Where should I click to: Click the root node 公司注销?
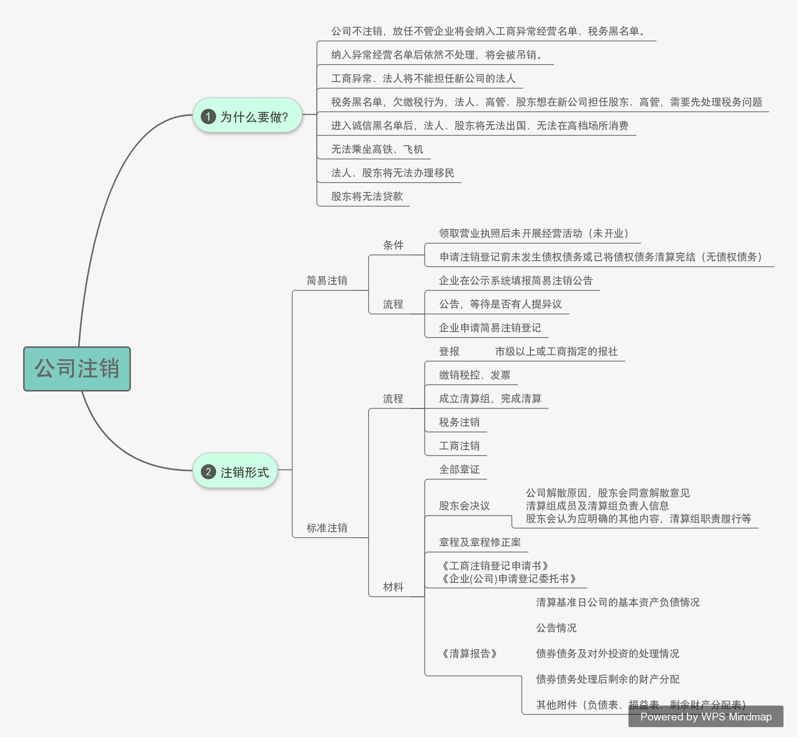pos(77,369)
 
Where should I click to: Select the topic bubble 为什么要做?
pos(247,116)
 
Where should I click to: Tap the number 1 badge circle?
pos(208,116)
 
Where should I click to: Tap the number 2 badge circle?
pos(208,472)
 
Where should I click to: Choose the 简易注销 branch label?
pos(327,281)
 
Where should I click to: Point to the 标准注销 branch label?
pos(327,528)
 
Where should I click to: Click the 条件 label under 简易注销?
pos(393,245)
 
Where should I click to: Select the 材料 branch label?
pos(393,587)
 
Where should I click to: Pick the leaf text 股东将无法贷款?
pos(367,197)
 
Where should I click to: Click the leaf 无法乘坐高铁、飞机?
pos(377,149)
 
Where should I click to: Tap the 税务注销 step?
pos(459,422)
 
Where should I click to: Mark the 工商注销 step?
pos(459,446)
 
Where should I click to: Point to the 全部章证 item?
pos(459,470)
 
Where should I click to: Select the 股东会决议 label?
pos(464,506)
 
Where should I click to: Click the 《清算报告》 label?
pos(469,654)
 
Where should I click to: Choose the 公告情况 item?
pos(556,628)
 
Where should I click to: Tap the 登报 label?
pos(449,352)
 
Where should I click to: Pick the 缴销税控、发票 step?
pos(474,375)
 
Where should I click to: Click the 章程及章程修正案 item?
pos(480,542)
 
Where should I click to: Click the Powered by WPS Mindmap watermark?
pos(705,717)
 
